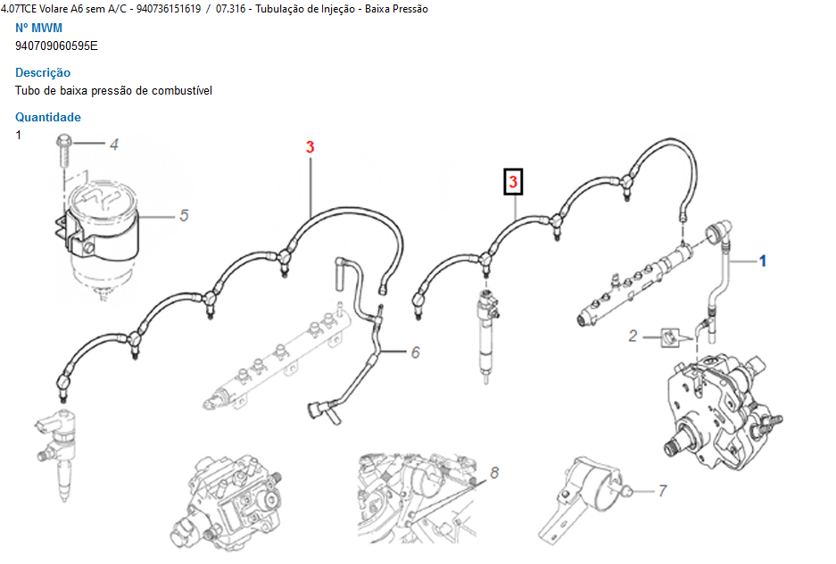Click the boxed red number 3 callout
(x=513, y=182)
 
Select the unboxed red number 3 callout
(x=310, y=147)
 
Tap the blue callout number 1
(x=763, y=261)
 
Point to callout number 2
(x=633, y=336)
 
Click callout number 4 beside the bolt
(x=114, y=145)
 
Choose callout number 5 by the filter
(x=184, y=215)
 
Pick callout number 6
(x=416, y=352)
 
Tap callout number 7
(x=662, y=491)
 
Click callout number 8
(x=494, y=473)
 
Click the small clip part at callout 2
(x=670, y=338)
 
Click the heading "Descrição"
(x=43, y=72)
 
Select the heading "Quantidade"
(x=48, y=117)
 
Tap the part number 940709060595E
(x=56, y=46)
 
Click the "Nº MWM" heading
(x=39, y=28)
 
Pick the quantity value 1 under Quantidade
(x=18, y=136)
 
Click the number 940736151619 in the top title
(x=169, y=9)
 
